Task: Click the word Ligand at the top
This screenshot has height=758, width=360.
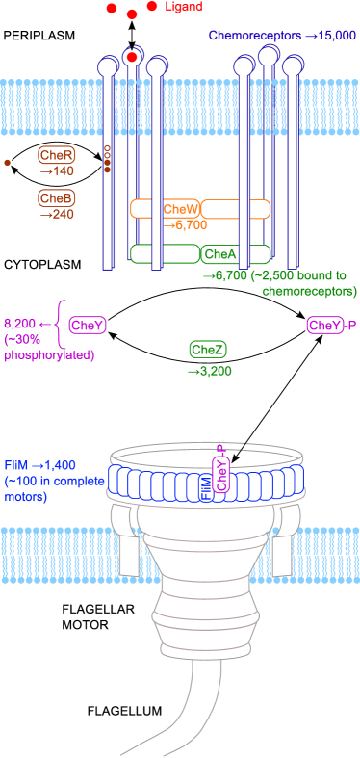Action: pyautogui.click(x=184, y=7)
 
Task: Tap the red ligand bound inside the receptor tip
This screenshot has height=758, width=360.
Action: pyautogui.click(x=132, y=58)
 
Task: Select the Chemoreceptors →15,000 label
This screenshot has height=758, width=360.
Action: pyautogui.click(x=282, y=36)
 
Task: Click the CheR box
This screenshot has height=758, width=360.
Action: pyautogui.click(x=57, y=155)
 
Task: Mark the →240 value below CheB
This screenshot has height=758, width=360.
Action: pyautogui.click(x=57, y=215)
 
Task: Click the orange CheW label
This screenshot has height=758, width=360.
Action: pyautogui.click(x=181, y=209)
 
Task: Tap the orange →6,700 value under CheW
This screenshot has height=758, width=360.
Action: pyautogui.click(x=187, y=224)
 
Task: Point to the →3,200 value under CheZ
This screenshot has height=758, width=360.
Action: pyautogui.click(x=209, y=370)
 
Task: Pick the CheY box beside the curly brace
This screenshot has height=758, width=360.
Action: pyautogui.click(x=87, y=326)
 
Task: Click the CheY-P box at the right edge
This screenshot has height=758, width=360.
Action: pyautogui.click(x=325, y=326)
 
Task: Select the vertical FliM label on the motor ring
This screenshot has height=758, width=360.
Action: pyautogui.click(x=205, y=487)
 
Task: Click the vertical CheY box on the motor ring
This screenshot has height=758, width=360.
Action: pyautogui.click(x=222, y=476)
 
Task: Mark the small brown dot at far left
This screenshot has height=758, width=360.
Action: pyautogui.click(x=8, y=163)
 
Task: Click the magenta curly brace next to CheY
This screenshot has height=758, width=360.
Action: pyautogui.click(x=61, y=326)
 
